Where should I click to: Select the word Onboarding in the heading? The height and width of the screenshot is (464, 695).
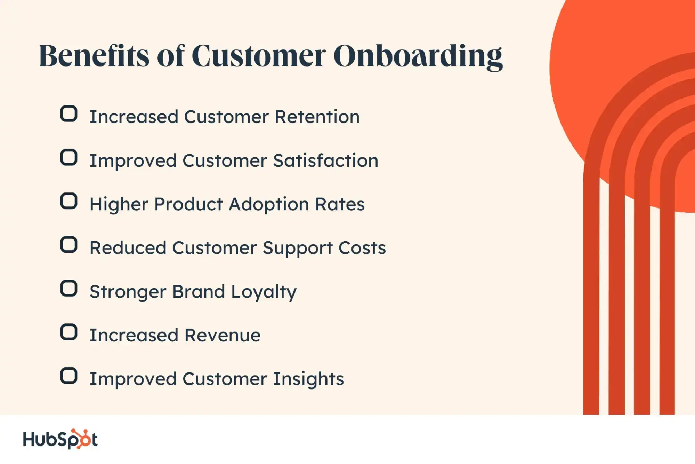(x=418, y=56)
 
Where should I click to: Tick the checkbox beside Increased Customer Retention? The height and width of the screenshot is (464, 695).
(x=69, y=113)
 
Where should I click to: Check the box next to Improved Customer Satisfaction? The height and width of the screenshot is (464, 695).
(x=69, y=157)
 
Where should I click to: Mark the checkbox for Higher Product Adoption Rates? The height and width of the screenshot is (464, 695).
(x=69, y=201)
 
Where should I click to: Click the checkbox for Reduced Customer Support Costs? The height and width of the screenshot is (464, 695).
(x=69, y=245)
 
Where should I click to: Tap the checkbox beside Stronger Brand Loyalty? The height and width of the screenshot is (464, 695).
(x=69, y=289)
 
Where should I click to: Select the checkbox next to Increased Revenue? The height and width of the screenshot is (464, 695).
(x=69, y=332)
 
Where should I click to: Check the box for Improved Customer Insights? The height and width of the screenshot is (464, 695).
(x=69, y=376)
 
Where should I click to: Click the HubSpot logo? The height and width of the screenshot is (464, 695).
(x=60, y=439)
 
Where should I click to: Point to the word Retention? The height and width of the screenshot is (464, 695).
(x=317, y=117)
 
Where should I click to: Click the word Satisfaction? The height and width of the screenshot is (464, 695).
(x=326, y=160)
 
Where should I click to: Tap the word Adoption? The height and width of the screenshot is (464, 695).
(x=269, y=204)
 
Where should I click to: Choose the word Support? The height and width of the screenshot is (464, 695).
(x=298, y=249)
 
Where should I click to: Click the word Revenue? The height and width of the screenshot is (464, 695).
(x=223, y=335)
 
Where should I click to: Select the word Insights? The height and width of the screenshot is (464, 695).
(x=308, y=379)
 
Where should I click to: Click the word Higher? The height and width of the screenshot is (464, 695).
(x=119, y=205)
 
